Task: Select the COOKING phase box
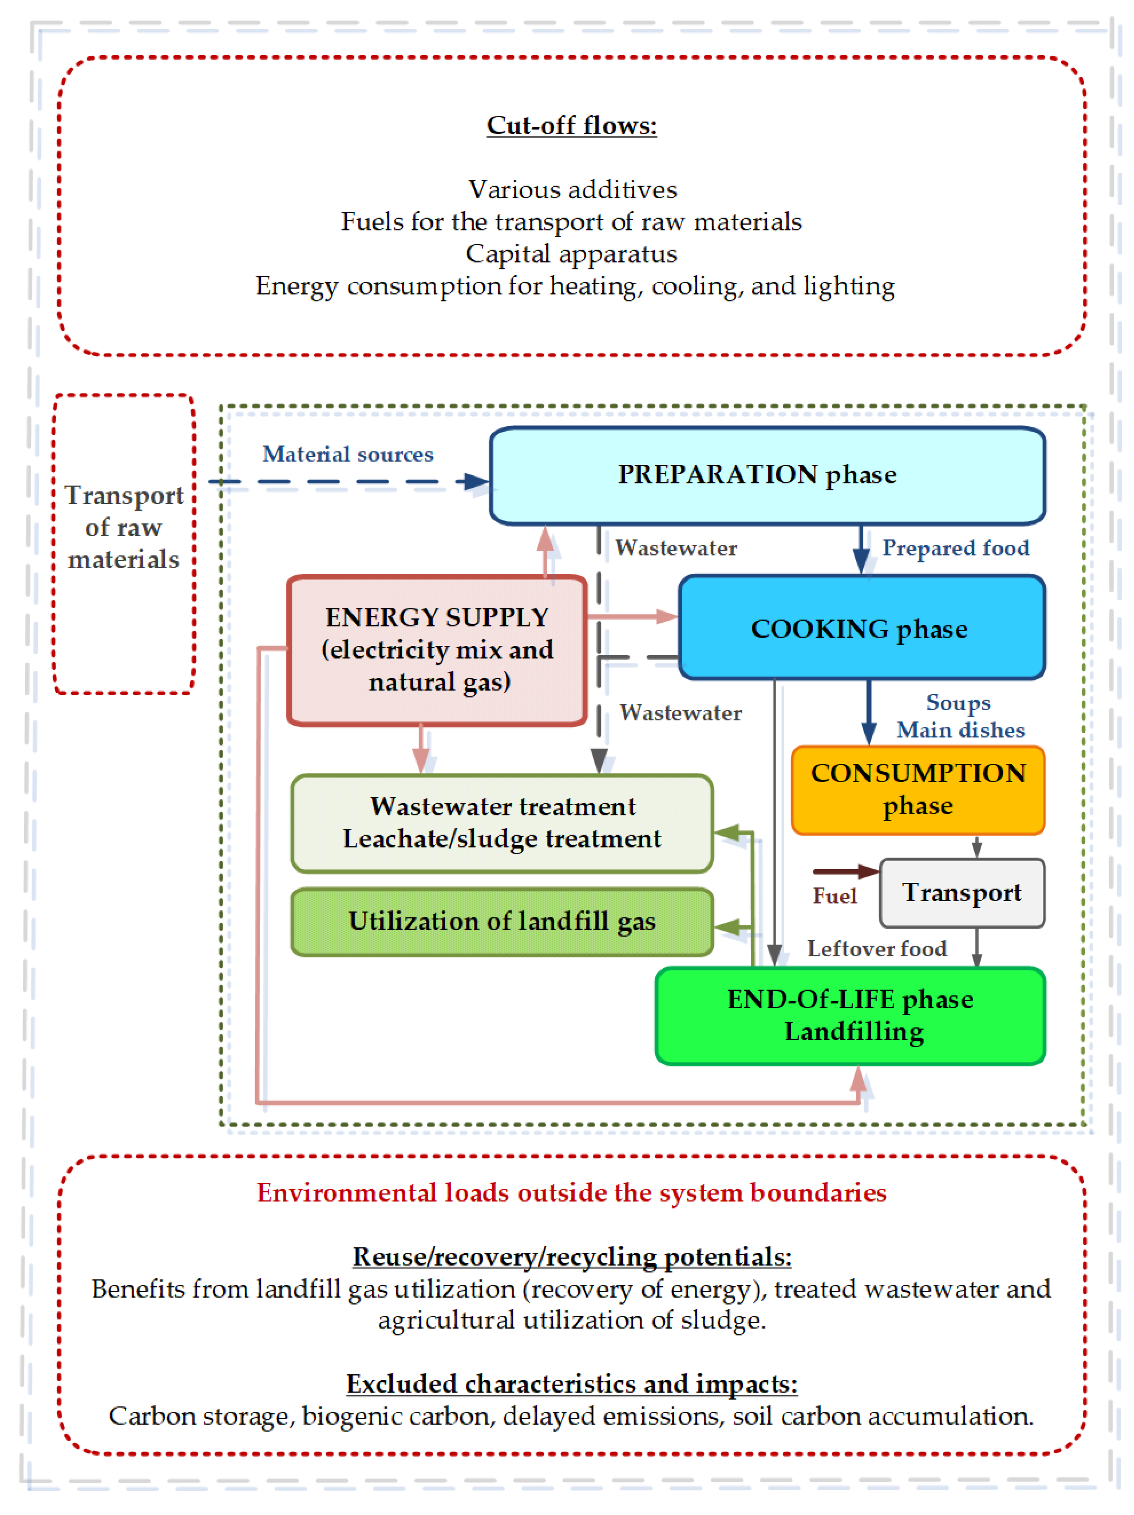[x=861, y=628]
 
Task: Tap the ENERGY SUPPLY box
[x=437, y=650]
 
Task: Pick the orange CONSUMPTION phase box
[x=918, y=790]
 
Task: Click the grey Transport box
[x=961, y=893]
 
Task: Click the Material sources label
[x=348, y=454]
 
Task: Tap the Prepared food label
[x=955, y=548]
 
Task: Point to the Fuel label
[x=834, y=896]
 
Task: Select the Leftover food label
[x=877, y=948]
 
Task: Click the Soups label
[x=958, y=703]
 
